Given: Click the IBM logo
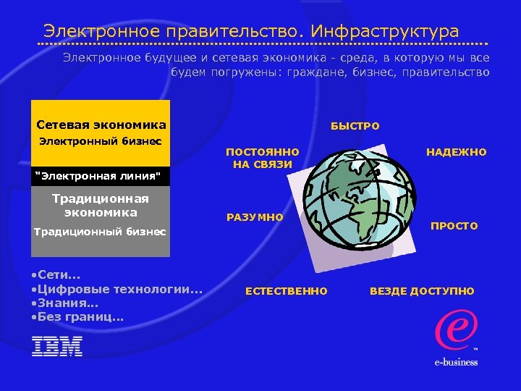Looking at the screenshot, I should pyautogui.click(x=57, y=346).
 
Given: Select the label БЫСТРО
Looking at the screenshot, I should pyautogui.click(x=355, y=126).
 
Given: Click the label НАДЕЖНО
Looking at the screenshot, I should pyautogui.click(x=456, y=152).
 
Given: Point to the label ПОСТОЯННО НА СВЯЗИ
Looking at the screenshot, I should pyautogui.click(x=263, y=158).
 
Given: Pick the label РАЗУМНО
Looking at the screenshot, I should pyautogui.click(x=255, y=217).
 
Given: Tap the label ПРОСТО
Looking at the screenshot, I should pyautogui.click(x=454, y=226).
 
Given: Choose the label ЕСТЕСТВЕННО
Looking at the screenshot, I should pyautogui.click(x=286, y=291).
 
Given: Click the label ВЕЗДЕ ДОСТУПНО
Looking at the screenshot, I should pyautogui.click(x=422, y=291).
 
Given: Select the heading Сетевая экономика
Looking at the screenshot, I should pyautogui.click(x=101, y=125).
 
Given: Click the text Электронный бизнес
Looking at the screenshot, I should pyautogui.click(x=100, y=140).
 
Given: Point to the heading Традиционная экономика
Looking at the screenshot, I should pyautogui.click(x=101, y=206).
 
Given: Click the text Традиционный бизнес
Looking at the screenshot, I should pyautogui.click(x=101, y=232).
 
